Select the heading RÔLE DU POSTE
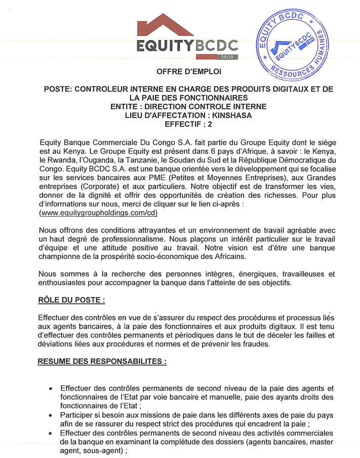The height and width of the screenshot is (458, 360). click(x=71, y=300)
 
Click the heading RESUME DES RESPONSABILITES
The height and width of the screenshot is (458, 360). click(x=101, y=363)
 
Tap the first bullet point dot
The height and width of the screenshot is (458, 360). click(x=51, y=389)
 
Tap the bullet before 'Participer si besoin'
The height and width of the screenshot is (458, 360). click(x=51, y=415)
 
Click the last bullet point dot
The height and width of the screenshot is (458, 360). click(x=51, y=434)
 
